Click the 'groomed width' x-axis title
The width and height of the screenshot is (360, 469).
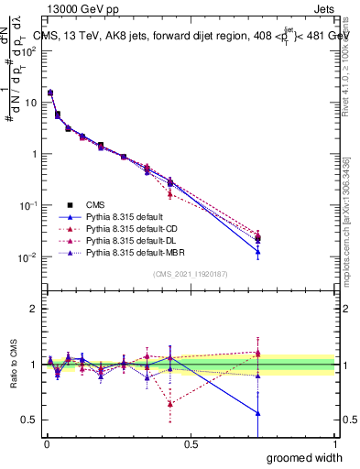coord(304,457)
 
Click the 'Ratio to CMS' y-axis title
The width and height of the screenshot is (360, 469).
coord(12,365)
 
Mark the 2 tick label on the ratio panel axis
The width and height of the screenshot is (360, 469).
coord(34,309)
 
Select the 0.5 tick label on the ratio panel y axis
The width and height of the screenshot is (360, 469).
coord(29,420)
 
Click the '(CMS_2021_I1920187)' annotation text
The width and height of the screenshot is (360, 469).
coord(191,273)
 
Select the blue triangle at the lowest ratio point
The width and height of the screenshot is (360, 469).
coord(258,413)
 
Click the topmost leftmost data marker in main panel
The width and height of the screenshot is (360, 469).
coord(50,93)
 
